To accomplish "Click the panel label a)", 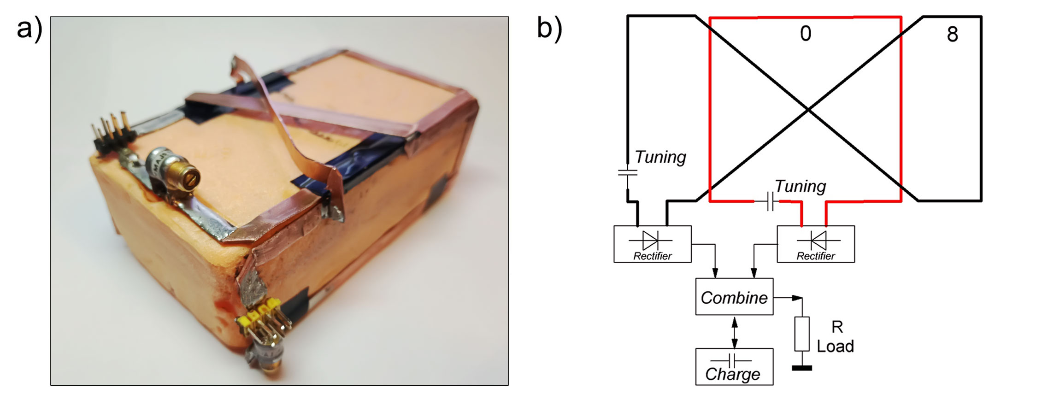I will coord(29,29).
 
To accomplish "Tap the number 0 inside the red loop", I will coord(805,34).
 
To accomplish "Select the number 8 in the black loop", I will coord(952,34).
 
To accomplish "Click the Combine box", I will coord(734,297).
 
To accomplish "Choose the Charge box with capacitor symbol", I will coord(734,367).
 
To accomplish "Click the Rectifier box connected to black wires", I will coord(652,244).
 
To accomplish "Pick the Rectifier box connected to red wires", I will coord(815,244).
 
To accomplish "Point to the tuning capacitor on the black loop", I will coord(627,173).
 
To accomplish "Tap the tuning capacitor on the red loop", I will coord(770,201).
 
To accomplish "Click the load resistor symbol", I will coord(801,334).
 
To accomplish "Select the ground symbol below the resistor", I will coord(801,368).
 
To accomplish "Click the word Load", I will coord(835,346).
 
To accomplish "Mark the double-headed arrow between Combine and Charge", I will coord(734,332).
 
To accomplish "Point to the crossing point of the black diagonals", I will coord(808,110).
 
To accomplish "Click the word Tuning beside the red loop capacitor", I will coord(800,186).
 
